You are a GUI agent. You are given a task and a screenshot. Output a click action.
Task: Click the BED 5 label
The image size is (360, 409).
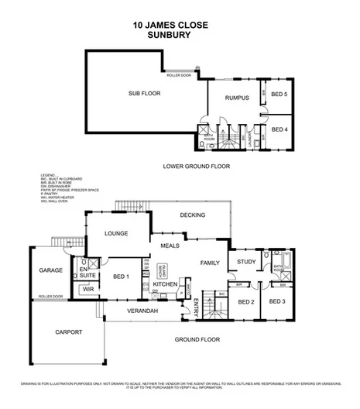[279, 94]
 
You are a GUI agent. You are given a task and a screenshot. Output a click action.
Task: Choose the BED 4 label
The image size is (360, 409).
[279, 129]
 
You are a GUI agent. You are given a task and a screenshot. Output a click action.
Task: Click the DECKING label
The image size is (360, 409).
[192, 215]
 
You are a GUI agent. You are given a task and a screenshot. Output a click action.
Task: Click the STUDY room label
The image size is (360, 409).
[246, 261]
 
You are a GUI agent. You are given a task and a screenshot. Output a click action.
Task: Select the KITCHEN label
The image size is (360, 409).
[166, 285]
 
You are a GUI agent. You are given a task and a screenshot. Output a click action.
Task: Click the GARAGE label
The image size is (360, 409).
[50, 271]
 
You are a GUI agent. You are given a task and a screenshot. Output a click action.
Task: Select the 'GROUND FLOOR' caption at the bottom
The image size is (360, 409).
[197, 339]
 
